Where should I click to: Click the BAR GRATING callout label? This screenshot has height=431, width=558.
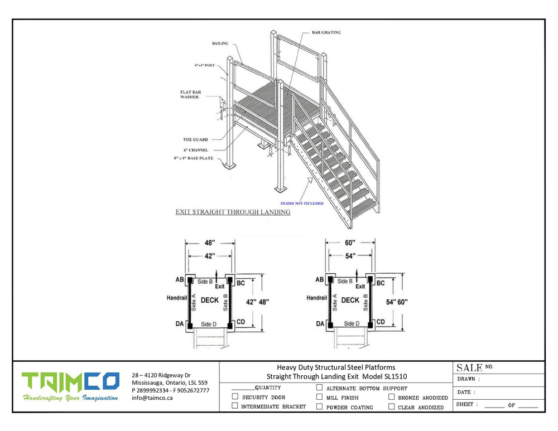(x=326, y=32)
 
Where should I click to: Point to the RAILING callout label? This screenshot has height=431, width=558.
(x=219, y=43)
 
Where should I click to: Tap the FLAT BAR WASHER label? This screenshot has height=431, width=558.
(x=189, y=94)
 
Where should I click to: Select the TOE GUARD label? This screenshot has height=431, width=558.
(x=195, y=139)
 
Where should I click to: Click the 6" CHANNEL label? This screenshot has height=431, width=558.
(x=195, y=150)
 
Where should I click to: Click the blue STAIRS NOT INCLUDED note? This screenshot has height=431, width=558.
(x=302, y=204)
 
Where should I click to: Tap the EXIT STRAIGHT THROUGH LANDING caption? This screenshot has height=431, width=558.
(x=233, y=212)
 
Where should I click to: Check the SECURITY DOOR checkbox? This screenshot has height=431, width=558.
(x=235, y=397)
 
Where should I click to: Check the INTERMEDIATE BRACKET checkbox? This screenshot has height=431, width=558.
(x=235, y=406)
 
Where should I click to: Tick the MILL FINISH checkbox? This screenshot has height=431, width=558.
(x=319, y=397)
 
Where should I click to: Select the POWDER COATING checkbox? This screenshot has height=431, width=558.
(x=319, y=406)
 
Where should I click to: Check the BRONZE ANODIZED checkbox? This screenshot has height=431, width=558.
(x=392, y=397)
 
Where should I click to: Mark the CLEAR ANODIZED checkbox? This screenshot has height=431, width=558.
(x=392, y=406)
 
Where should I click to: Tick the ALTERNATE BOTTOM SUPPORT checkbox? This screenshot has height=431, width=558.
(x=319, y=388)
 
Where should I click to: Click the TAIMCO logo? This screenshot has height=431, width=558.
(x=70, y=382)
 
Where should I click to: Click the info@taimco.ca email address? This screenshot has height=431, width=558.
(x=152, y=398)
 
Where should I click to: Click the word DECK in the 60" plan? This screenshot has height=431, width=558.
(x=350, y=300)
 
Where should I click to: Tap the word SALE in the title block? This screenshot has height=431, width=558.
(x=469, y=367)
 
